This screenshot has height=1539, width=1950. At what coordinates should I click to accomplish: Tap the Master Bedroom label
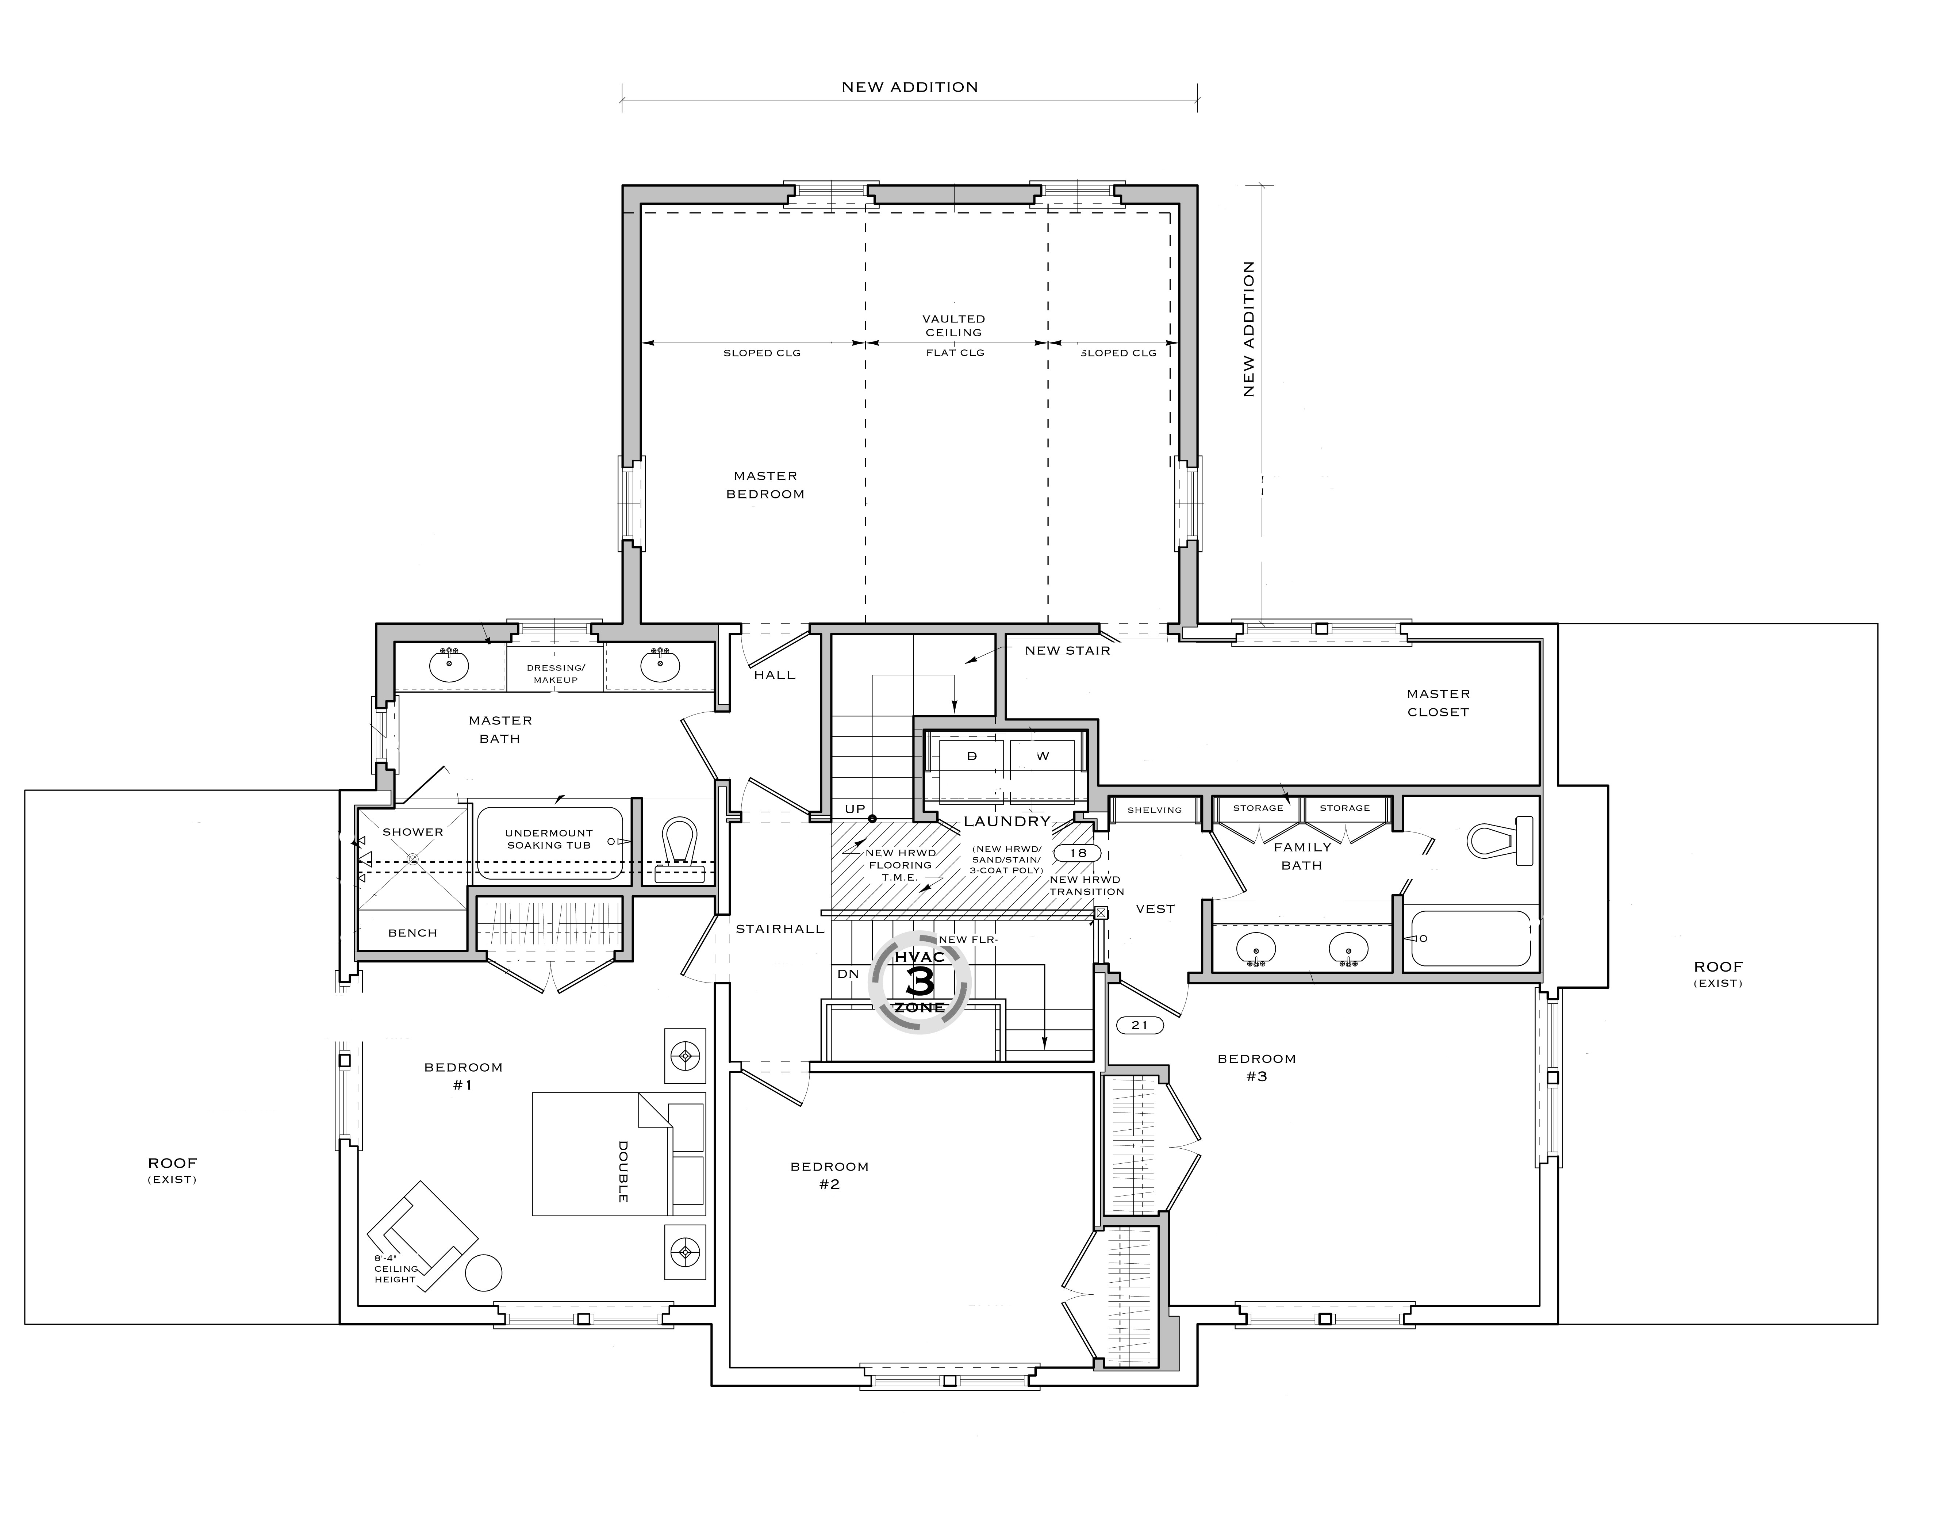coord(765,485)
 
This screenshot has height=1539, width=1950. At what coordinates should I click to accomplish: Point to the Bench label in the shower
coord(412,933)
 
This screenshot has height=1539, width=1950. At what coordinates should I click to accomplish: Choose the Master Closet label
coord(1438,703)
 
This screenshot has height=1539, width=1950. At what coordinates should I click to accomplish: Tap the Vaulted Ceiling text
coord(954,325)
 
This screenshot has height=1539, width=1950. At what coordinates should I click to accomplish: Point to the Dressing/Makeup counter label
coord(556,674)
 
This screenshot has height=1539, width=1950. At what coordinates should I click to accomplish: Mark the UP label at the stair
coord(855,809)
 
